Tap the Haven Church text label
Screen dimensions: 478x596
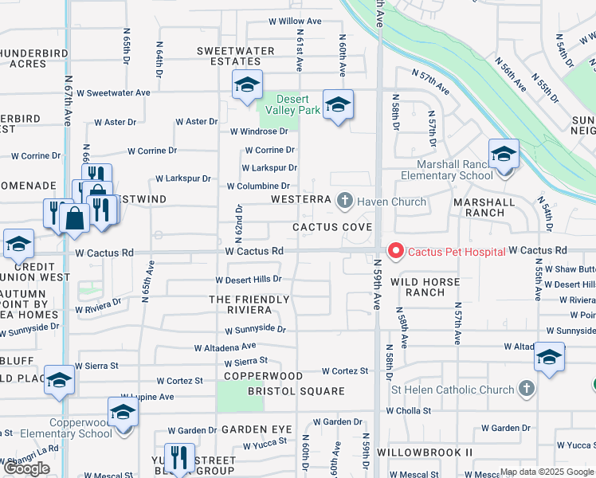391,202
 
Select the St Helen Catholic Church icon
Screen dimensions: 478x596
525,389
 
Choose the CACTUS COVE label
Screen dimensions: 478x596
332,227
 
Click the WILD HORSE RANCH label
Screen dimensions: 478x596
425,287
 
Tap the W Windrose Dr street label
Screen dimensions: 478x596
258,131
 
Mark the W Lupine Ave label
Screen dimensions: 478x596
147,397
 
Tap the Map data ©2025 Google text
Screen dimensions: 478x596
547,472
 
